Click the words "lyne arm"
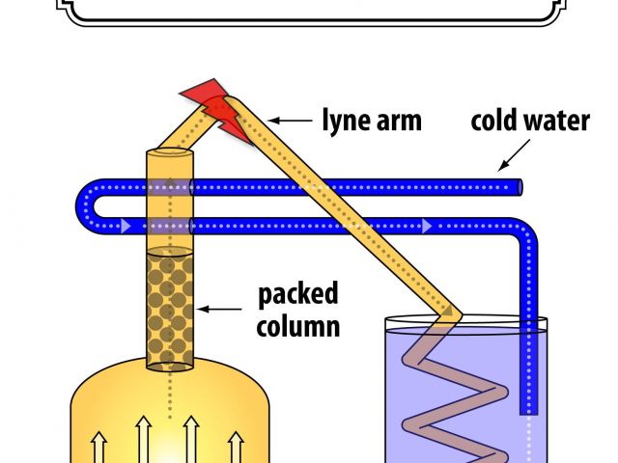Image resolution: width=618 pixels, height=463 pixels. pos(371,122)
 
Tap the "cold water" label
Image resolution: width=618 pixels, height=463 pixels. pos(529,123)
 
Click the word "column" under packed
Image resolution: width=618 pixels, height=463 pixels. pos(297,325)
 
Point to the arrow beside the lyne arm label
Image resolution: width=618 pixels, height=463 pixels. pos(287,121)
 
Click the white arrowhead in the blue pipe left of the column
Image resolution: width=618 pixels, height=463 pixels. pos(126,227)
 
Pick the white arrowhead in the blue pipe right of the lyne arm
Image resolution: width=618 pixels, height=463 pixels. pos(426,227)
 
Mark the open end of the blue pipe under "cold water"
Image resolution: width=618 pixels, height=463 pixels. pos(520,186)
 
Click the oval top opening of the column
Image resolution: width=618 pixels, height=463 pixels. pos(170,153)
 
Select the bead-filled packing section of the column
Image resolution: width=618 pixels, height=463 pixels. pos(170,308)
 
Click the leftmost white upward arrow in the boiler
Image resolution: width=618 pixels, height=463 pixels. pos(98,449)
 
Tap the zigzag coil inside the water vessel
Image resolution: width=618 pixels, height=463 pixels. pos(454,386)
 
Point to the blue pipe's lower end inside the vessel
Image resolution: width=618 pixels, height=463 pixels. pos(527,405)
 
